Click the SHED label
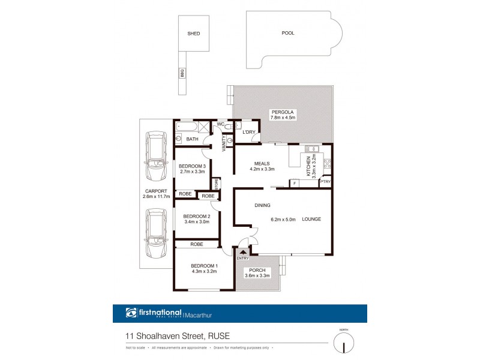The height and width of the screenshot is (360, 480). (x=193, y=34)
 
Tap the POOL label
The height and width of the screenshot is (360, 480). (x=288, y=33)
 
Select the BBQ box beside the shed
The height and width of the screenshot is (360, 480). (x=181, y=73)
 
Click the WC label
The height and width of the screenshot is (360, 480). (x=220, y=124)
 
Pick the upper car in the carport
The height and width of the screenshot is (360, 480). (x=157, y=157)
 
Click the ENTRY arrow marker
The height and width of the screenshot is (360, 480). (x=242, y=252)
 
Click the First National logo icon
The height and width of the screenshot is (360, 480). (x=131, y=313)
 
